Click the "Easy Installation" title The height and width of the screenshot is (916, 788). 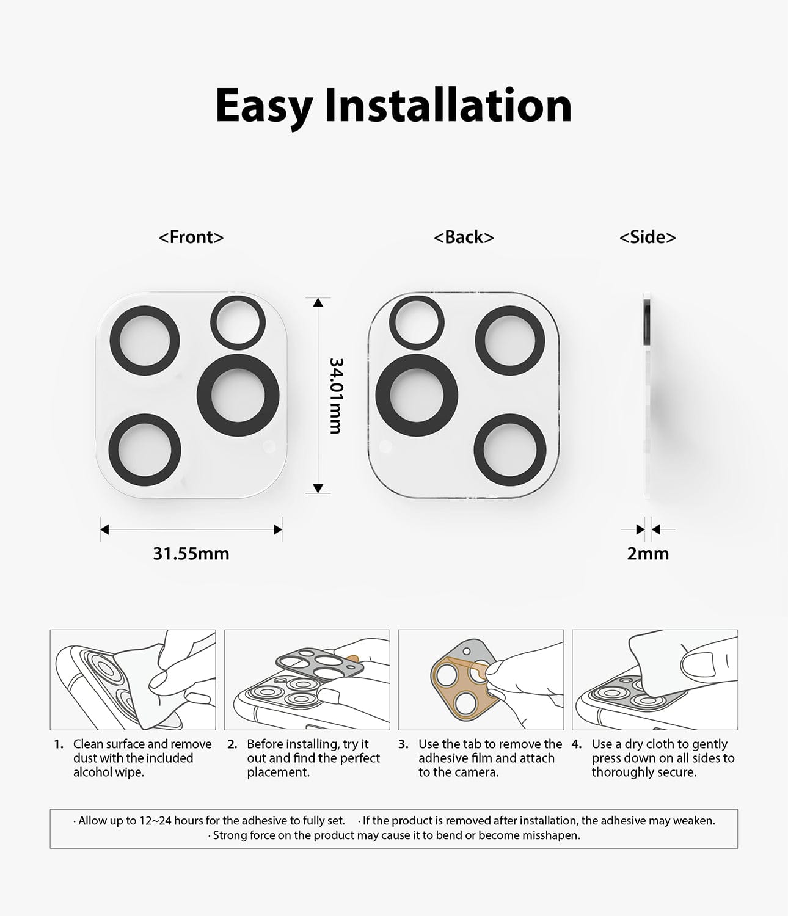point(393,106)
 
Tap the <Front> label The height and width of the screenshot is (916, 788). point(191,237)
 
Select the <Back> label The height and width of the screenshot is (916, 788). point(464,237)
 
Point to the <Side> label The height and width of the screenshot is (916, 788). point(648,237)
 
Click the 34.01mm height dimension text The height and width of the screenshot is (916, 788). point(335,396)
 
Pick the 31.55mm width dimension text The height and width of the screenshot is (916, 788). point(191,553)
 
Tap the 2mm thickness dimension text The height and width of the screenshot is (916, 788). point(648,553)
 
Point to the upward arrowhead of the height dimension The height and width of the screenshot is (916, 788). point(318,303)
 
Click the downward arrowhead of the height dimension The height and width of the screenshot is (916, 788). point(318,489)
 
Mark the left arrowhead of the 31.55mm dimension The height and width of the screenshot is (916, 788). point(104,529)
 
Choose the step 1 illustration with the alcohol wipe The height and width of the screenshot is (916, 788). point(133,679)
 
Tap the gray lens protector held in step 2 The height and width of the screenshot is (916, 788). point(319,665)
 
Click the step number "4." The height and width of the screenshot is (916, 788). point(576,744)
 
